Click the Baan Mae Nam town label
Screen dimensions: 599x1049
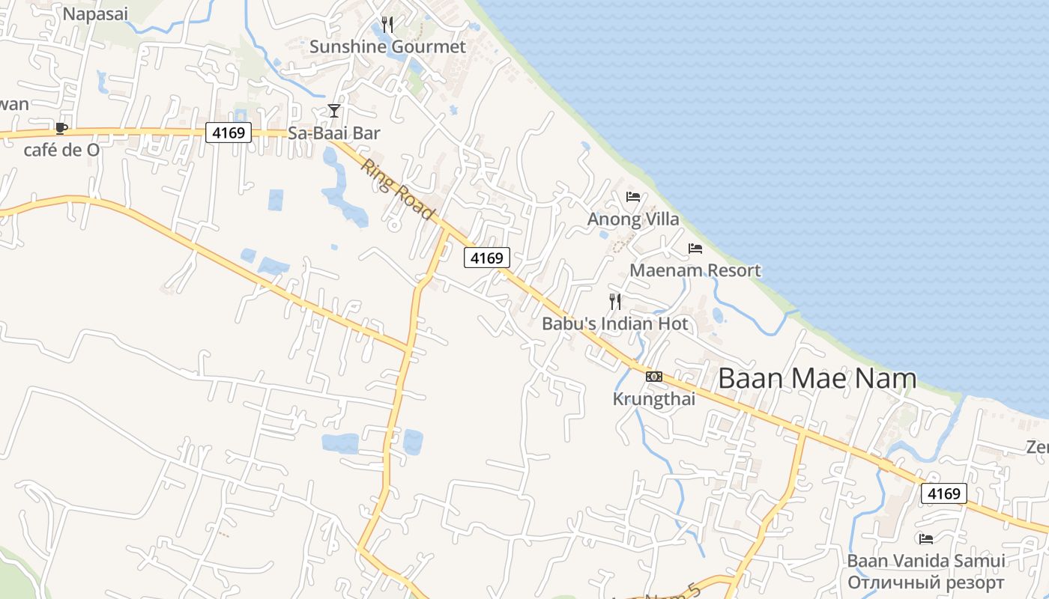pyautogui.click(x=817, y=378)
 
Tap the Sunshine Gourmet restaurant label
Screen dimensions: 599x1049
pyautogui.click(x=387, y=46)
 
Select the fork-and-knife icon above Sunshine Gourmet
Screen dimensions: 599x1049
pyautogui.click(x=387, y=25)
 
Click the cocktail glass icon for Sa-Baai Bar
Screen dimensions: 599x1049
pyautogui.click(x=334, y=111)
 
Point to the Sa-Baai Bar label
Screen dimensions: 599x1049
pyautogui.click(x=334, y=133)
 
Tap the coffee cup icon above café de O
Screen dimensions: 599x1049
pyautogui.click(x=61, y=129)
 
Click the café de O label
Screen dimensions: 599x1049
pyautogui.click(x=61, y=150)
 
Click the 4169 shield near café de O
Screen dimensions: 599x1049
pyautogui.click(x=229, y=133)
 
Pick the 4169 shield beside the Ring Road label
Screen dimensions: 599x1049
pyautogui.click(x=487, y=258)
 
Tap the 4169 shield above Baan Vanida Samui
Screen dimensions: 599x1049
pyautogui.click(x=943, y=493)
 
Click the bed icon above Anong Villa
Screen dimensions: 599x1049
pyautogui.click(x=633, y=198)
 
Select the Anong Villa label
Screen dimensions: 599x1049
pyautogui.click(x=633, y=219)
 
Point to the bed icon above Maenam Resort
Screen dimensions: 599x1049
pyautogui.click(x=695, y=249)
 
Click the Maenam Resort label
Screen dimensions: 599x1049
pyautogui.click(x=695, y=270)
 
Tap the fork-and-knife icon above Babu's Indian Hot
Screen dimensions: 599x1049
pyautogui.click(x=615, y=302)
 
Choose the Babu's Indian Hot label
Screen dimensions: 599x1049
pyautogui.click(x=615, y=324)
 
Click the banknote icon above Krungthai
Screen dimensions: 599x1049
pyautogui.click(x=654, y=377)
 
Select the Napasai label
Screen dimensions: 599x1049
pyautogui.click(x=95, y=13)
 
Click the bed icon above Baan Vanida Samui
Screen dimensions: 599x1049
pyautogui.click(x=926, y=538)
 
